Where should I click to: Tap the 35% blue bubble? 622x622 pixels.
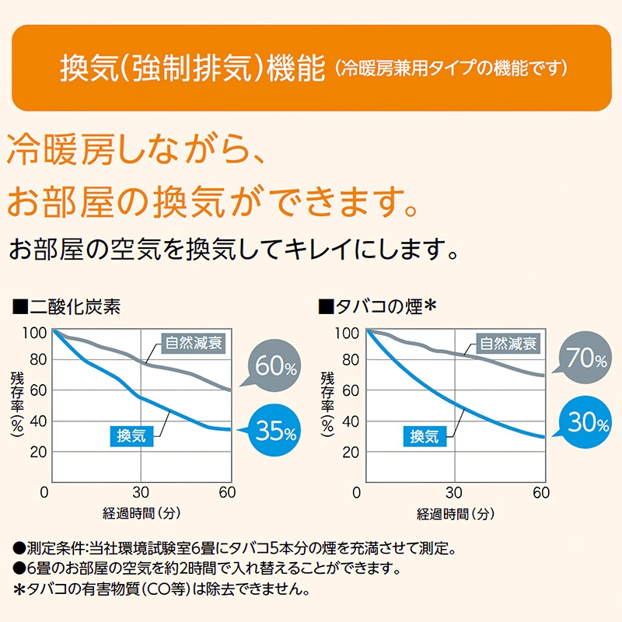tap(273, 430)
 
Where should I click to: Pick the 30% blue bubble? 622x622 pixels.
tap(586, 422)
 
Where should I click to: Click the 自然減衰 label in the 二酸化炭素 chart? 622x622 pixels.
tap(194, 342)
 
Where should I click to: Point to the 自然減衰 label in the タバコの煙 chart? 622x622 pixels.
tap(508, 342)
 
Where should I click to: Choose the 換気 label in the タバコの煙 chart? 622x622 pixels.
tap(425, 435)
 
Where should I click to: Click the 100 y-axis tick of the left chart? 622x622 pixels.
tap(36, 333)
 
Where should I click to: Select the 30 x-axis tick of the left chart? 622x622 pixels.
tap(140, 493)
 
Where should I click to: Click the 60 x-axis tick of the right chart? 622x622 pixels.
tap(542, 493)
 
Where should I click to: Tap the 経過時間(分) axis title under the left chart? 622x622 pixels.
tap(140, 514)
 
